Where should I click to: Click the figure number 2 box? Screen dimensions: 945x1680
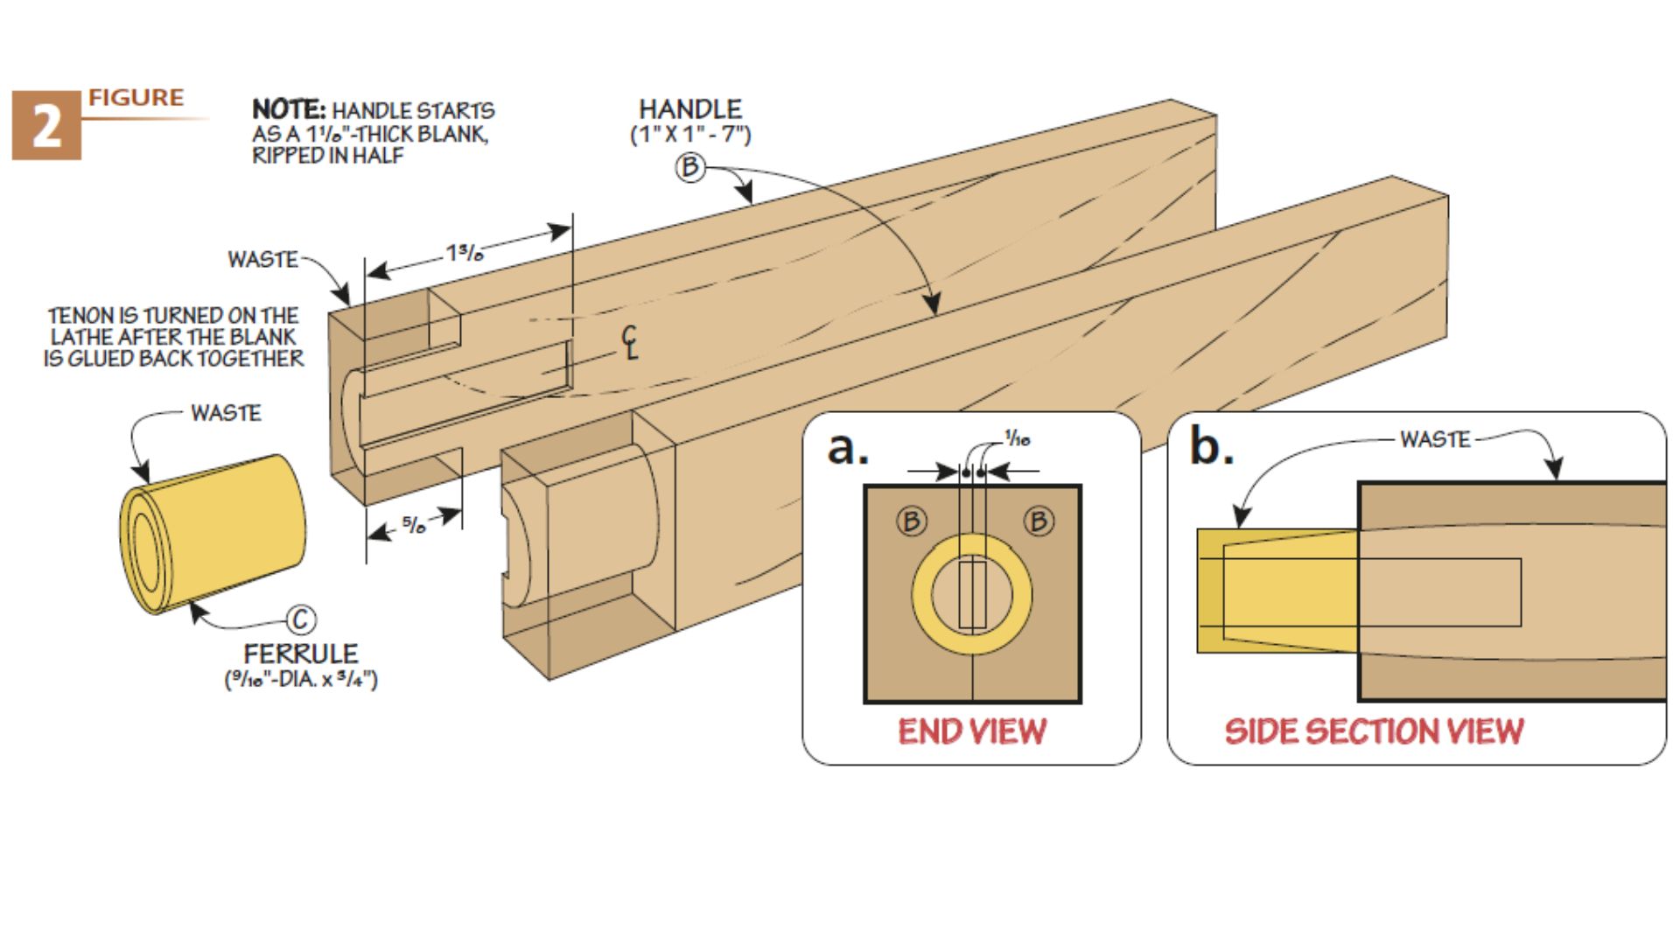tap(46, 127)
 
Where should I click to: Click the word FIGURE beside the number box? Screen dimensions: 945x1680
tap(136, 98)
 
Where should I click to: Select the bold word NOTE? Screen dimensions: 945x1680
tap(288, 110)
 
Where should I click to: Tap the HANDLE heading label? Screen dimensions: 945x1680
tap(689, 109)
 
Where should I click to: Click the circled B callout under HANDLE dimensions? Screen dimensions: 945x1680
tap(690, 167)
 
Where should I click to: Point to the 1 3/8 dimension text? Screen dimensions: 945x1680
tap(465, 254)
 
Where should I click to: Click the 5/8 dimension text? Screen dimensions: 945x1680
tap(414, 525)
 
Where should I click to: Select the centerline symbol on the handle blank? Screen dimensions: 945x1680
tap(630, 342)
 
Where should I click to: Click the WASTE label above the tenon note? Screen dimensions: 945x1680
tap(262, 260)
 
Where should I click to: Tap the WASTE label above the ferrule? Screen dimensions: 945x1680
tap(226, 413)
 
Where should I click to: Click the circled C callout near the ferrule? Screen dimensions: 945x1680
tap(301, 620)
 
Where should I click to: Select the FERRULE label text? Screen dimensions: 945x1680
tap(300, 654)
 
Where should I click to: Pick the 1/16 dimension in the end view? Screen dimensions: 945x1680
tap(1017, 439)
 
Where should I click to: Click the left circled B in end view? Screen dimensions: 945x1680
tap(911, 521)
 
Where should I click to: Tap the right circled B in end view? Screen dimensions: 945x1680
tap(1038, 521)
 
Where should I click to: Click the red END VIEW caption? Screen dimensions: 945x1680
tap(971, 731)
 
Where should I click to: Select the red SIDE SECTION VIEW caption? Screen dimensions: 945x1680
tap(1374, 731)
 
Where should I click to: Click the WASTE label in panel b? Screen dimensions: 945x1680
tap(1435, 439)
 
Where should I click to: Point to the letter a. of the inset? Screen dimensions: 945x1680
tap(847, 447)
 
